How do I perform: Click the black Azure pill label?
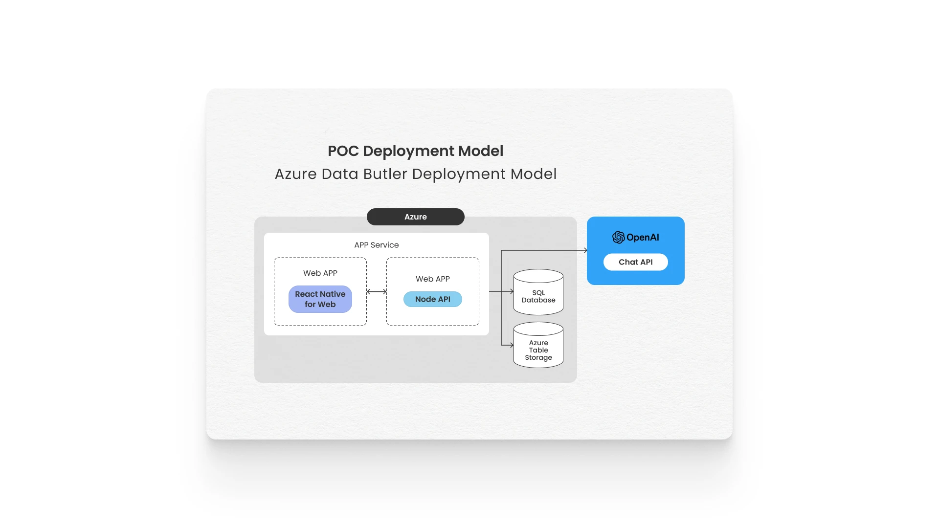pyautogui.click(x=415, y=217)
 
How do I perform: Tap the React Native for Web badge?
pyautogui.click(x=320, y=299)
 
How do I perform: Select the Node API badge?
pyautogui.click(x=432, y=299)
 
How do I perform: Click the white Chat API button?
pyautogui.click(x=635, y=262)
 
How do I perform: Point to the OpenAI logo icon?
pyautogui.click(x=618, y=237)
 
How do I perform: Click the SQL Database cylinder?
pyautogui.click(x=538, y=292)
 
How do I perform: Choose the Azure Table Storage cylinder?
pyautogui.click(x=538, y=346)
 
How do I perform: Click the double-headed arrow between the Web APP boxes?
pyautogui.click(x=377, y=291)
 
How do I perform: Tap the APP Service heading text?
pyautogui.click(x=376, y=245)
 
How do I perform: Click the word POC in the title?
pyautogui.click(x=343, y=151)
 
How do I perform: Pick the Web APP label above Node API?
pyautogui.click(x=432, y=279)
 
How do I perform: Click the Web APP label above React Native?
pyautogui.click(x=320, y=273)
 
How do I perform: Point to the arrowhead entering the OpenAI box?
pyautogui.click(x=585, y=250)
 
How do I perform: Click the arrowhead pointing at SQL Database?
pyautogui.click(x=511, y=291)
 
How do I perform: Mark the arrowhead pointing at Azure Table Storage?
pyautogui.click(x=511, y=345)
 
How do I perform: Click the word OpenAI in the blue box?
pyautogui.click(x=643, y=237)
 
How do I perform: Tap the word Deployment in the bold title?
pyautogui.click(x=409, y=151)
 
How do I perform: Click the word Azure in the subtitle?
pyautogui.click(x=295, y=174)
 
